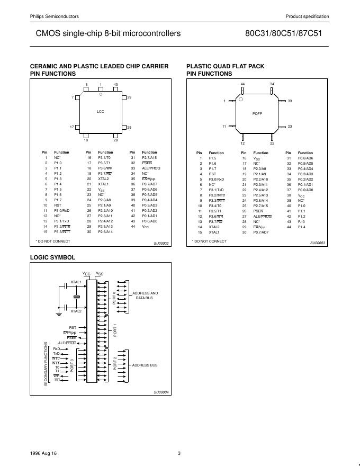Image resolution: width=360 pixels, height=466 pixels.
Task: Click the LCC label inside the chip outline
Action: tap(101, 112)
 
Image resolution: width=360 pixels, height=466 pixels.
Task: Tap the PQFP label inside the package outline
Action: tap(258, 113)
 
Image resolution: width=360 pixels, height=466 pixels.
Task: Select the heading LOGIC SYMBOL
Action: tap(53, 257)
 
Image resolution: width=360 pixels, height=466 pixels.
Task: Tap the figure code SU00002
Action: tap(161, 243)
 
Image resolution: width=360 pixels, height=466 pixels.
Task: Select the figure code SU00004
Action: tap(161, 392)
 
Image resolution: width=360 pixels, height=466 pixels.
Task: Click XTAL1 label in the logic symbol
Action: tap(76, 282)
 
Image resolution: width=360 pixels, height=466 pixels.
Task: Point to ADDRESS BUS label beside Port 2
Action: tap(145, 365)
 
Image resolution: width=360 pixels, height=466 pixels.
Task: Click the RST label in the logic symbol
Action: tap(73, 327)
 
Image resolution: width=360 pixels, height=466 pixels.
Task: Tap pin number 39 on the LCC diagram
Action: tap(129, 97)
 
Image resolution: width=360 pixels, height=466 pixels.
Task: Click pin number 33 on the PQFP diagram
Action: tap(290, 101)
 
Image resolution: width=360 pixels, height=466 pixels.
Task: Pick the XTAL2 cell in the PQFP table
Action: tap(214, 227)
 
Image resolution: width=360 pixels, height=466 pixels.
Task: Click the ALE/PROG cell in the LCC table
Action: tap(151, 168)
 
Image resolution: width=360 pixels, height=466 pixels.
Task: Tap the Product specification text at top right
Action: tap(307, 16)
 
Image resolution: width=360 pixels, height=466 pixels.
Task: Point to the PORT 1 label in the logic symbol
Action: tap(115, 330)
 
